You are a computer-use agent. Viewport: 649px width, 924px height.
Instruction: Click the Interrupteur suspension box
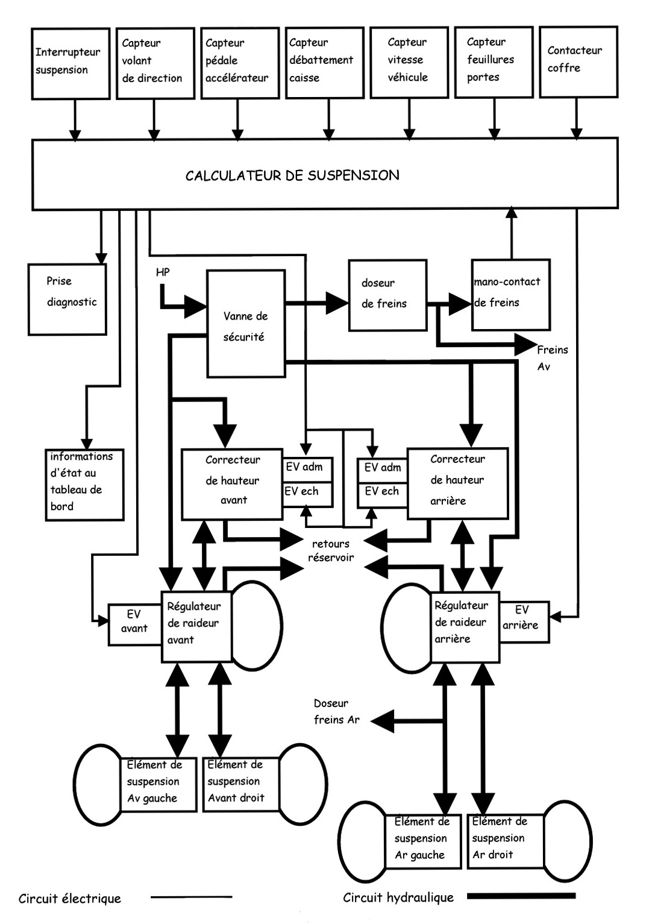click(x=71, y=63)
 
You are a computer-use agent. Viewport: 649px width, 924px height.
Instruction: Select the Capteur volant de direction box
click(x=155, y=63)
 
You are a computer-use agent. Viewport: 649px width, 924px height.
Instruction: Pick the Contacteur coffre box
click(x=578, y=61)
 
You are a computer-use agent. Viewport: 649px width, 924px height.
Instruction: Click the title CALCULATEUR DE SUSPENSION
click(x=292, y=175)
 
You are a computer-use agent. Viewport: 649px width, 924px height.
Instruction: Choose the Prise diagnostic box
click(x=67, y=299)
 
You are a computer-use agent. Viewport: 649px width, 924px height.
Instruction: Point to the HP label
click(x=163, y=272)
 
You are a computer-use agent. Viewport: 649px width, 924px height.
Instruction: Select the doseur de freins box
click(x=387, y=295)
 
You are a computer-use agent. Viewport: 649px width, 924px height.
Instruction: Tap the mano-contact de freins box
click(x=510, y=295)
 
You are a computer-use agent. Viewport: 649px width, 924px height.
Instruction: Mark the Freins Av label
click(x=551, y=357)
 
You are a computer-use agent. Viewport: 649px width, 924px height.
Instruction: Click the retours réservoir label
click(x=331, y=550)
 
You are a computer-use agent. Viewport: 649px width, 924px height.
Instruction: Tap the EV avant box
click(x=134, y=623)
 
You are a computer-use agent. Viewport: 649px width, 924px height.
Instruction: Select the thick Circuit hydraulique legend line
click(x=521, y=896)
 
